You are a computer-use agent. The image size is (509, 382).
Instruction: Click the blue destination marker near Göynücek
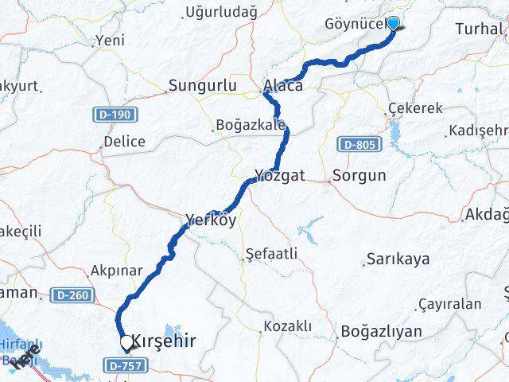pos(393,22)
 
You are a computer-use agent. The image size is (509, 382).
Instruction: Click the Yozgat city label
pos(280,174)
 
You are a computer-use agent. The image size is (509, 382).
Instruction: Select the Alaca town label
pos(283,85)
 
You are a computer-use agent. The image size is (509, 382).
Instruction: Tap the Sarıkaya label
pos(398,259)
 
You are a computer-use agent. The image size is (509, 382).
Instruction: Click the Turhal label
pos(480,29)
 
